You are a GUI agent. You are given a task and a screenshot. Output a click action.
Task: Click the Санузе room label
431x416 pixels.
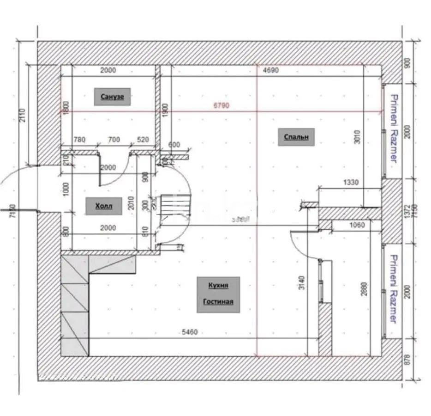(x=113, y=97)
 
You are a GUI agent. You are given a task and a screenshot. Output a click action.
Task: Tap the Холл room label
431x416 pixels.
(x=104, y=206)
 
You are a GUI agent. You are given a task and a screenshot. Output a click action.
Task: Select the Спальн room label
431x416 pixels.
(x=296, y=137)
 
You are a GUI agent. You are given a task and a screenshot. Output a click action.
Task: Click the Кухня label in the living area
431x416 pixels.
(x=218, y=286)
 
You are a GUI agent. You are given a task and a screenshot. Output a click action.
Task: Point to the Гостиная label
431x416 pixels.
(x=218, y=302)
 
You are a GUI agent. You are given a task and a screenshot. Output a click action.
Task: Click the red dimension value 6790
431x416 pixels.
(x=221, y=106)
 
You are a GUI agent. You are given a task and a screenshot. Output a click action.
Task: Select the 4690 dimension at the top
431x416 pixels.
(x=270, y=71)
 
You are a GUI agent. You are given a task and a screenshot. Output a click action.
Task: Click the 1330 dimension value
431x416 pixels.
(x=350, y=183)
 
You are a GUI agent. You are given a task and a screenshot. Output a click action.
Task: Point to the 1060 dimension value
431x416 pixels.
(x=357, y=225)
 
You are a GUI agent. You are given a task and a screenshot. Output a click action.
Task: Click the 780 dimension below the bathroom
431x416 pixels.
(x=80, y=140)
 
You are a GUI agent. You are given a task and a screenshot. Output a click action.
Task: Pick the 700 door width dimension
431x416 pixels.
(x=113, y=140)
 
